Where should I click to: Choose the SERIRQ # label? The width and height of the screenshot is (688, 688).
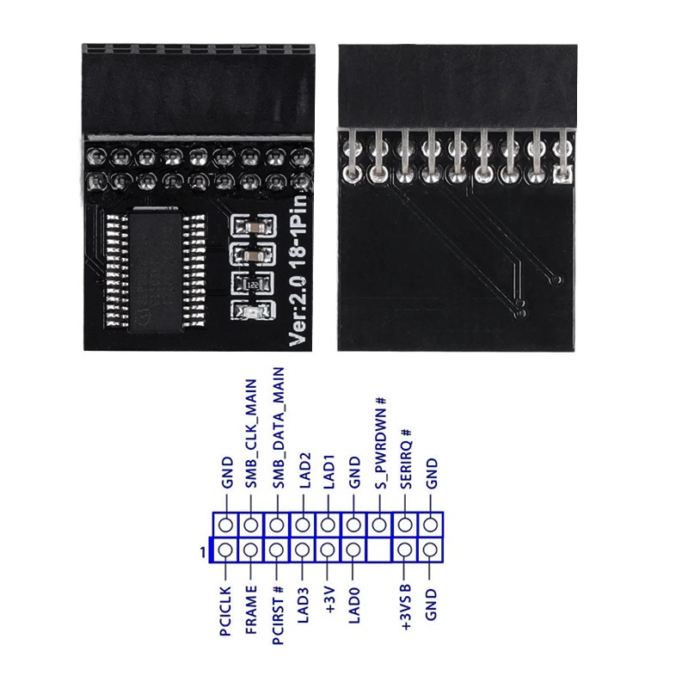406,458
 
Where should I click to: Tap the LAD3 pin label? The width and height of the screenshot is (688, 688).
303,605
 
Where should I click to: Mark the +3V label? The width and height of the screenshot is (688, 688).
329,599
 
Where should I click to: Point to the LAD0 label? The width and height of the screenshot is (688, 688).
354,605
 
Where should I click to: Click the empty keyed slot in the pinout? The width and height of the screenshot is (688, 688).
379,550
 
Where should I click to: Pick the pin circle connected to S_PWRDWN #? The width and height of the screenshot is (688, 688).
379,524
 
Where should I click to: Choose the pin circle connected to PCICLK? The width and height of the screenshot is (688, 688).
225,550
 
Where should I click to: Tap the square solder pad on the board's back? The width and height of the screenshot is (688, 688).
564,175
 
